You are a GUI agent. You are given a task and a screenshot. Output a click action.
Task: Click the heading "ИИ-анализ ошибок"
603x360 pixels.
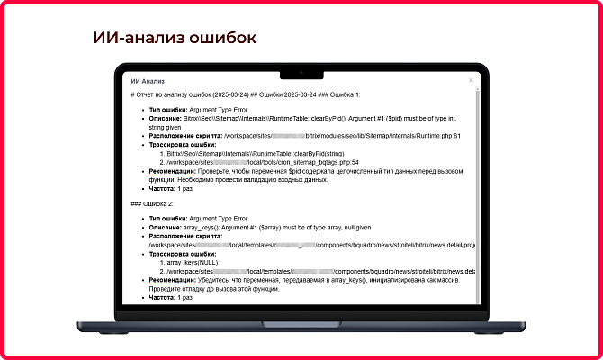click(x=175, y=38)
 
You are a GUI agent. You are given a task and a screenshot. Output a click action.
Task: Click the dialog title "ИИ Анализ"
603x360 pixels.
click(x=148, y=81)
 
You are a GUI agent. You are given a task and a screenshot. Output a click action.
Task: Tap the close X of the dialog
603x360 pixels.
click(x=471, y=81)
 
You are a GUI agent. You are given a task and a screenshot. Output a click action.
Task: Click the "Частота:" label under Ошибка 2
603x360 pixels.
click(x=162, y=296)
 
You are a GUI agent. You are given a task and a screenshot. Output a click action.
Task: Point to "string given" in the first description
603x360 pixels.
click(x=168, y=127)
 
